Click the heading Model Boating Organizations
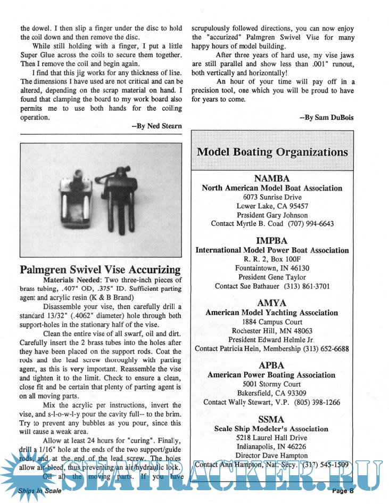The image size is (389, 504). (272, 152)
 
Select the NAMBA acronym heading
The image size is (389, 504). (272, 178)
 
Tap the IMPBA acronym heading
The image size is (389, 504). (272, 241)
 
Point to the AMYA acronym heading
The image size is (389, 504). (272, 303)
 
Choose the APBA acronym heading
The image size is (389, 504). (272, 365)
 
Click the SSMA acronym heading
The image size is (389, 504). (272, 419)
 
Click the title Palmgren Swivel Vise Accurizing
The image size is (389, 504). (100, 269)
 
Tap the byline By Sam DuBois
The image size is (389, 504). (327, 117)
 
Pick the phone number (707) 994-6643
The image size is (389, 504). (311, 224)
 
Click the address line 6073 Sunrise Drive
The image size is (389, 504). (272, 197)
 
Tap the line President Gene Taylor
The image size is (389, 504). (272, 277)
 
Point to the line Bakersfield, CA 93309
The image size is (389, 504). (272, 393)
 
